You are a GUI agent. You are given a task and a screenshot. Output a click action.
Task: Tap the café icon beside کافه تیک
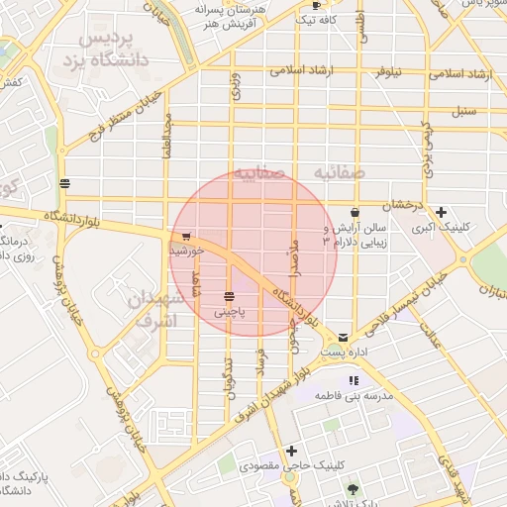tap(316, 6)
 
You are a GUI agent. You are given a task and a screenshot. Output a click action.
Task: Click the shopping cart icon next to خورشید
tap(185, 237)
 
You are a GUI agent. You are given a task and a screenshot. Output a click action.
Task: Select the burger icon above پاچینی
tap(230, 296)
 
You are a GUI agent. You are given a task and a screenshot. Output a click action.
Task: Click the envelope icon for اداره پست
tap(343, 338)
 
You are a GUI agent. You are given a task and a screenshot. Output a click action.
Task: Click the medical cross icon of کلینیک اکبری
tap(441, 212)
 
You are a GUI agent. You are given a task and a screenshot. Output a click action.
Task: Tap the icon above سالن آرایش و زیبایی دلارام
tap(355, 212)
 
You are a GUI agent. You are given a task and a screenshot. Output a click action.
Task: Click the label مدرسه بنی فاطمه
tap(355, 395)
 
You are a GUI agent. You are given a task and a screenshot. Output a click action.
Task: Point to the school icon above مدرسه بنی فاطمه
tap(354, 380)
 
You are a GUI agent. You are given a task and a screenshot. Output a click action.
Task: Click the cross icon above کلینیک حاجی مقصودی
tap(291, 451)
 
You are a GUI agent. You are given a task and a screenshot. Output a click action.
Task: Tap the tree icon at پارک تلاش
tap(354, 489)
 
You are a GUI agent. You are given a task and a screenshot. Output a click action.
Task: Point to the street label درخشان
tap(405, 204)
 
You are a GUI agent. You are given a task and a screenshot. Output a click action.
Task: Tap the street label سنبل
tap(465, 108)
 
